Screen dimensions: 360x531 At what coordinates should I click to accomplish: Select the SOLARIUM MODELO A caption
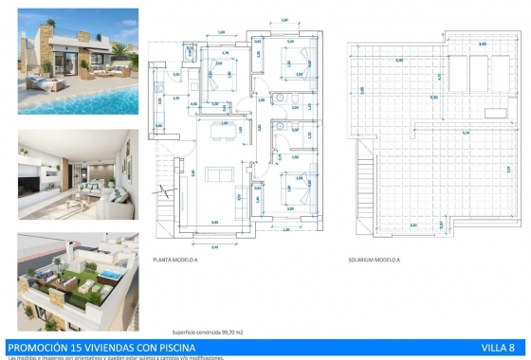(371, 259)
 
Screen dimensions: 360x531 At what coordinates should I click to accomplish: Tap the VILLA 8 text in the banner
(500, 348)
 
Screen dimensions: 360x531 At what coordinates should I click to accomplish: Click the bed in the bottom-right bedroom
(290, 186)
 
